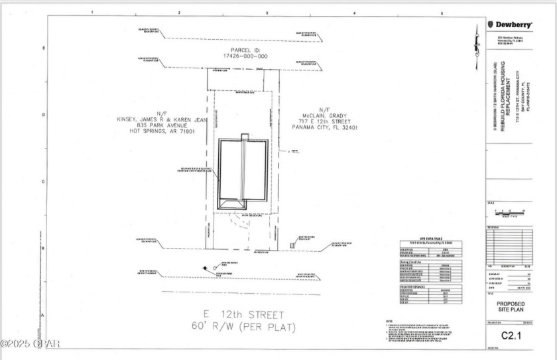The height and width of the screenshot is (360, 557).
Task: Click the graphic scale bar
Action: (x=509, y=211)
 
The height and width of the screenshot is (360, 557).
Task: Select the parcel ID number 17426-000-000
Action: (x=245, y=56)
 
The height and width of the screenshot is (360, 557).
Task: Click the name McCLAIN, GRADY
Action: (x=324, y=115)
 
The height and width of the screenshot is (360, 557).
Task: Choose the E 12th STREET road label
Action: (x=245, y=314)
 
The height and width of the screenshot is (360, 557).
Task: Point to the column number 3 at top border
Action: (x=267, y=13)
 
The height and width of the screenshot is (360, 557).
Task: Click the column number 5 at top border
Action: (x=442, y=13)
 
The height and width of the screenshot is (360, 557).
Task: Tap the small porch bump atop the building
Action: (x=245, y=137)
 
